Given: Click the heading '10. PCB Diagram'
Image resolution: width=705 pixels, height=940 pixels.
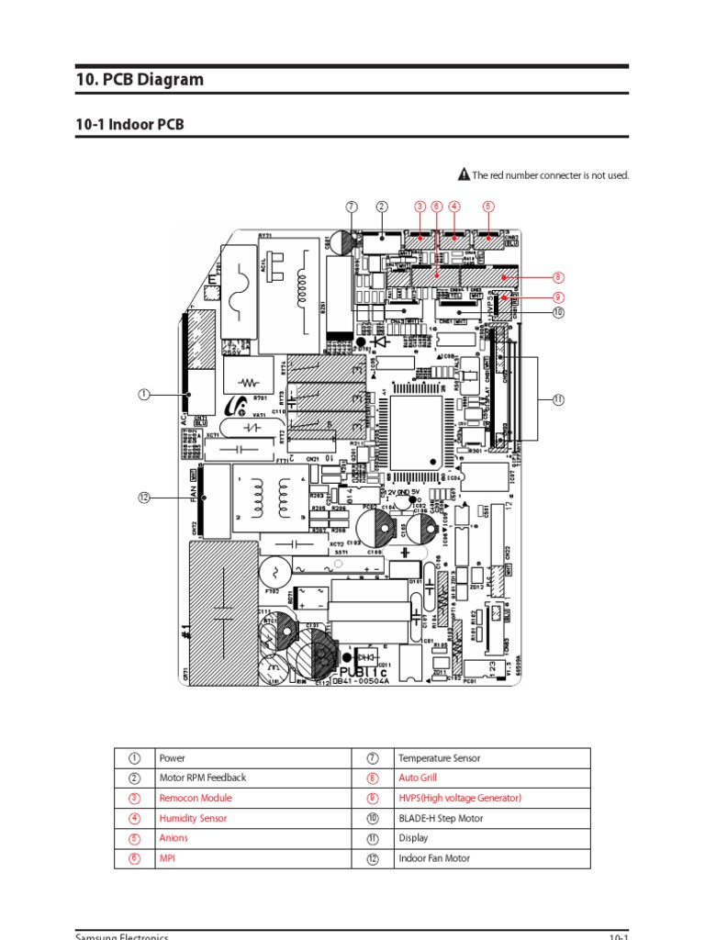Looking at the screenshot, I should tap(140, 80).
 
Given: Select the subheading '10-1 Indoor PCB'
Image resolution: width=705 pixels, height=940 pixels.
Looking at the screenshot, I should tap(129, 124).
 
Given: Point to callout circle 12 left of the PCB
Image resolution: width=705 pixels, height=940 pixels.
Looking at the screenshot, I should tap(144, 498).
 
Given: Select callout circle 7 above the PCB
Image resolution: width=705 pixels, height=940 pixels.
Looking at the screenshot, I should tap(351, 207).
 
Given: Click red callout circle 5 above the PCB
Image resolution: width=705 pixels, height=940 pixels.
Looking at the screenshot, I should tap(488, 207).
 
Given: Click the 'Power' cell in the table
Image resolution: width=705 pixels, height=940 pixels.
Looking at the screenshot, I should tap(173, 758).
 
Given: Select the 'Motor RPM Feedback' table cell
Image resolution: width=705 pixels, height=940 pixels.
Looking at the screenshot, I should tap(203, 778).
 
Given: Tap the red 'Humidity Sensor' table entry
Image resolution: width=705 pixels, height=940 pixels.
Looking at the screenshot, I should tap(193, 818).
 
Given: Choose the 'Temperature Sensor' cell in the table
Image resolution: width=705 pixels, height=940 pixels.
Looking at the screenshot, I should tap(439, 758).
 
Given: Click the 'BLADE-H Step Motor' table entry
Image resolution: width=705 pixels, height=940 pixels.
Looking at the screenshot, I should tap(443, 818).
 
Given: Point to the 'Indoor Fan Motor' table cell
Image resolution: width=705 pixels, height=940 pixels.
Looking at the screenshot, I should tap(435, 858).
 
